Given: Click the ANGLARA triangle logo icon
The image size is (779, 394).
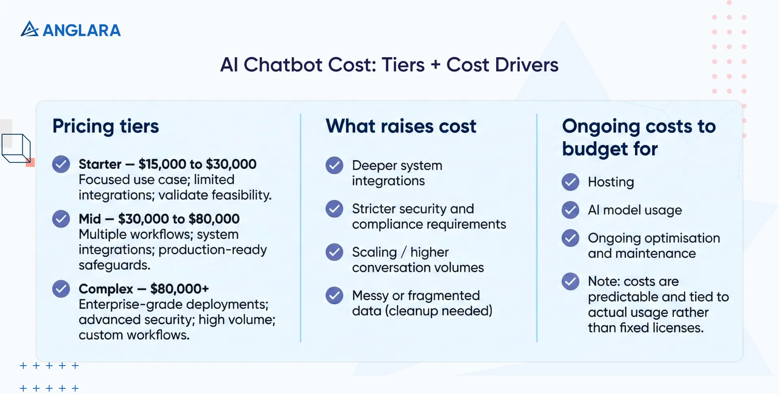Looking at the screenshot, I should click(29, 29).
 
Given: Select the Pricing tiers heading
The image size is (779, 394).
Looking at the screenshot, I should click(105, 126).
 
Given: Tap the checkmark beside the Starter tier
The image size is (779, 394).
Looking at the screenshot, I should click(61, 164).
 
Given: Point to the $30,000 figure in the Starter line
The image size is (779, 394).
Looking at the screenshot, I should click(231, 164).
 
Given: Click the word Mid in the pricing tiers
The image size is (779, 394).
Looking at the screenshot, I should click(90, 219).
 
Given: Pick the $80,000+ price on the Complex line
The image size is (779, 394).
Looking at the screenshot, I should click(179, 289).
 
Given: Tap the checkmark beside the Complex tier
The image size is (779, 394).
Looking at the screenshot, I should click(61, 289).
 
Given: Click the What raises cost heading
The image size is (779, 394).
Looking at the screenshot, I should click(400, 126).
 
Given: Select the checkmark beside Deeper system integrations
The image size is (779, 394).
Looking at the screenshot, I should click(334, 165).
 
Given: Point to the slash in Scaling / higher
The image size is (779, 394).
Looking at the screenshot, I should click(404, 252).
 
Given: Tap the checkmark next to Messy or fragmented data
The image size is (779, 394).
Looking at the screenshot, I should click(334, 295).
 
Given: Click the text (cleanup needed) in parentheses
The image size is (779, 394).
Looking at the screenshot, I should click(439, 311).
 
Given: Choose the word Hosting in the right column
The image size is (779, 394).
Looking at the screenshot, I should click(611, 182).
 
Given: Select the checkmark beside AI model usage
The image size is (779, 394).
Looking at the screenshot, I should click(570, 210).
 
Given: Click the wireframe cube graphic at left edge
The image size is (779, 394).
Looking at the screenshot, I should click(16, 148).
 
